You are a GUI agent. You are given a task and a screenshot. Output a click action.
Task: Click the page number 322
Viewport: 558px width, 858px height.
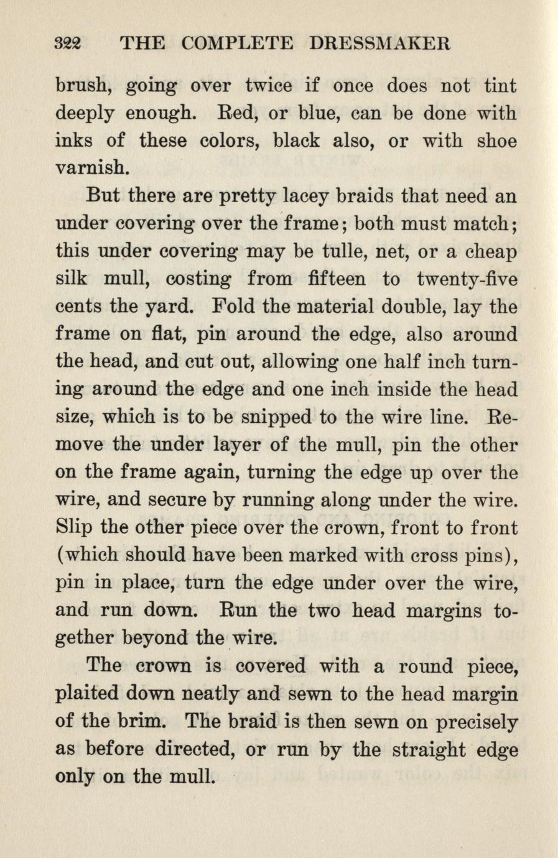[x=70, y=44]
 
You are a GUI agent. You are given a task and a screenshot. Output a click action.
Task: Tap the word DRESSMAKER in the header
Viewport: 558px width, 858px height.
[x=379, y=44]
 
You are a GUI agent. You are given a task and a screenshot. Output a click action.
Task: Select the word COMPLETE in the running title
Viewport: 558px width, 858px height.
[x=238, y=44]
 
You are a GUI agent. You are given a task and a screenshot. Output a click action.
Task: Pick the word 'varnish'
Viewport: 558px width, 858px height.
[x=93, y=168]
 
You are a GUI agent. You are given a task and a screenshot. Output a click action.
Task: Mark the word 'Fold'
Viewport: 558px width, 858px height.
[x=233, y=307]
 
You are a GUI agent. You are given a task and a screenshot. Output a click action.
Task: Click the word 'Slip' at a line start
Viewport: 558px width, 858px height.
[x=74, y=528]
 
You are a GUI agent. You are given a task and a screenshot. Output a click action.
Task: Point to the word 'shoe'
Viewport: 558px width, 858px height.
[x=496, y=141]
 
